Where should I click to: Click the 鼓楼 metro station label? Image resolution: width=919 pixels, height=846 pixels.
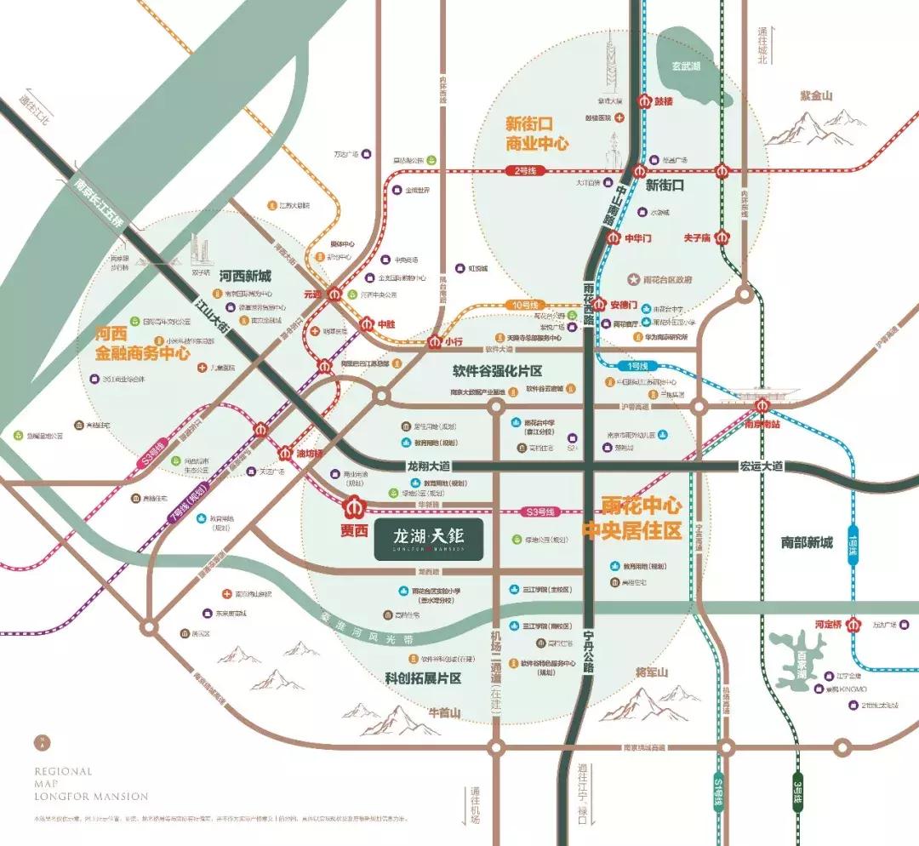pyautogui.click(x=663, y=100)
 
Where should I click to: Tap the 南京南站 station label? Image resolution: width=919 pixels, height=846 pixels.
pyautogui.click(x=762, y=422)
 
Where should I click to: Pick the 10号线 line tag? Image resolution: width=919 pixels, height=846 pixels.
pyautogui.click(x=526, y=305)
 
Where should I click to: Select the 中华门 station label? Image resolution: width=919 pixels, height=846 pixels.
pyautogui.click(x=638, y=239)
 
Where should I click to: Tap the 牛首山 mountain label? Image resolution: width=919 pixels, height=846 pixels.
pyautogui.click(x=443, y=712)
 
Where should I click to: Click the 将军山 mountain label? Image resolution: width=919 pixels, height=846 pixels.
pyautogui.click(x=652, y=672)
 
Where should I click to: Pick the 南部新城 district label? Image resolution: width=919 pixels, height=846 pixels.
pyautogui.click(x=808, y=542)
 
